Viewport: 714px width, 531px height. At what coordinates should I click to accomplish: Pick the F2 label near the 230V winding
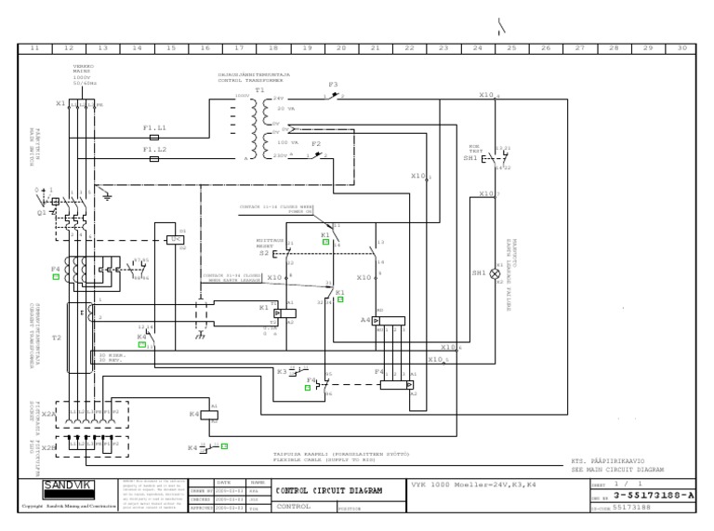(316, 144)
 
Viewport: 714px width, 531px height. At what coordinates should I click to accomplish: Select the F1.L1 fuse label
(154, 126)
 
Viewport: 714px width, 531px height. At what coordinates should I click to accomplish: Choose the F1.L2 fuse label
(154, 149)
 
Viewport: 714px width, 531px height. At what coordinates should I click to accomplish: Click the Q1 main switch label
(40, 211)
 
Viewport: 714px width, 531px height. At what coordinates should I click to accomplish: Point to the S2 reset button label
(264, 252)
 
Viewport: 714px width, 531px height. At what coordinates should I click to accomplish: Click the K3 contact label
(281, 371)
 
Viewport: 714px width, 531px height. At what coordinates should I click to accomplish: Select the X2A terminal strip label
(48, 414)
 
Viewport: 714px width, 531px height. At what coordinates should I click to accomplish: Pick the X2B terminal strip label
(48, 447)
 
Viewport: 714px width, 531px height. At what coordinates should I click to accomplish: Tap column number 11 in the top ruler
(34, 47)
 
